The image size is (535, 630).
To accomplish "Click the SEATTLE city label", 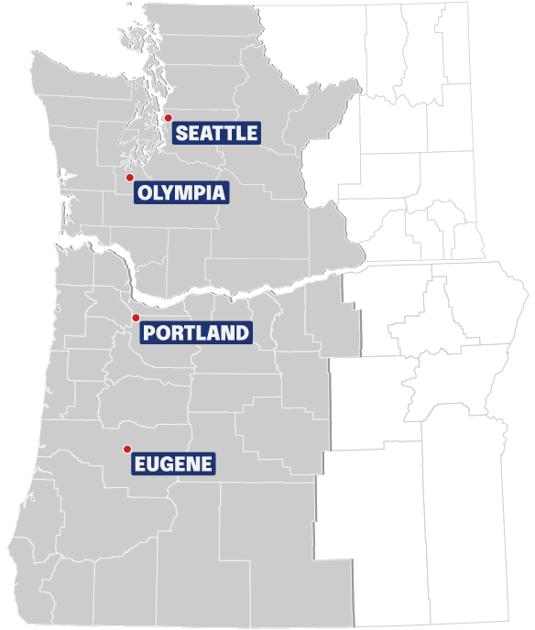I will (216, 133).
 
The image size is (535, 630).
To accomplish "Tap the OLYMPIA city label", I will (180, 192).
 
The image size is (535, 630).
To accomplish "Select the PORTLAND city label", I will (196, 332).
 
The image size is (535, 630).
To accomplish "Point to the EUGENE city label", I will (174, 464).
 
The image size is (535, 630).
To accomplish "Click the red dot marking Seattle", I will (168, 118).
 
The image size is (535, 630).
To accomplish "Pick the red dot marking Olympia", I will (130, 177).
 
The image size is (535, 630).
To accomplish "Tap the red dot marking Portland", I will (136, 318).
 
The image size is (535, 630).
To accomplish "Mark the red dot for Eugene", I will (127, 449).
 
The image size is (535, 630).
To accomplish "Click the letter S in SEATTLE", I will (181, 133).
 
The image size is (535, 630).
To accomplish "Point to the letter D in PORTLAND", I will (241, 332).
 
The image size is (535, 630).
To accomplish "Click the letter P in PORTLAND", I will (150, 332).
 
